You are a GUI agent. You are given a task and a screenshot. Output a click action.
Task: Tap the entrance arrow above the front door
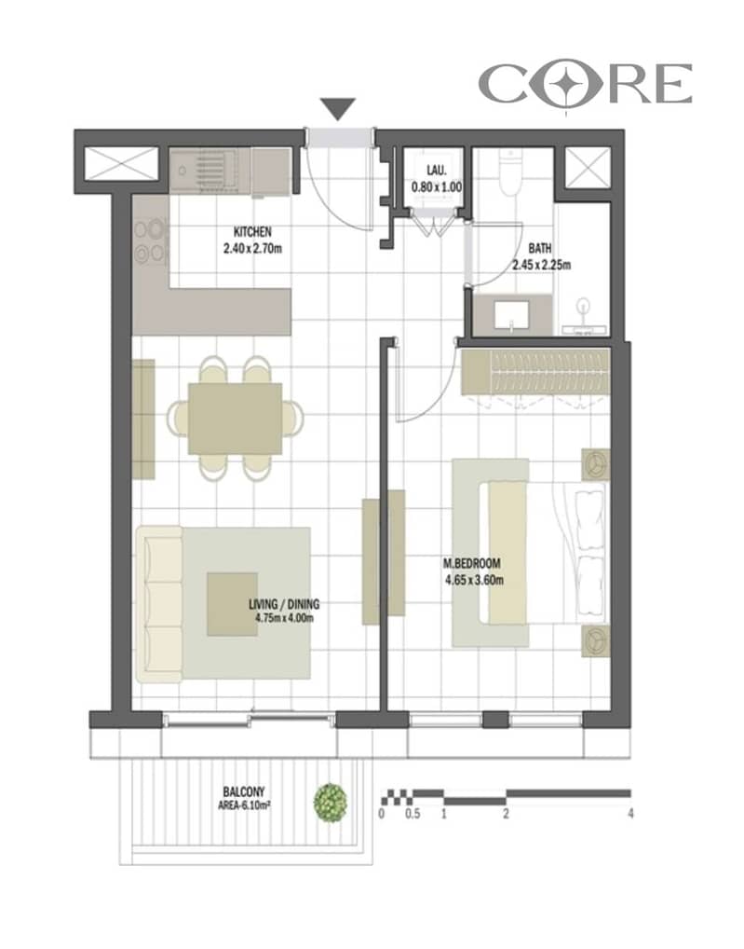(x=337, y=109)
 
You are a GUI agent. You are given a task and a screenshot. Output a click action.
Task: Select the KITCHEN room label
(x=252, y=232)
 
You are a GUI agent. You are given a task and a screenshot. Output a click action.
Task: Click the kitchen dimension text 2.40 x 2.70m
(x=252, y=248)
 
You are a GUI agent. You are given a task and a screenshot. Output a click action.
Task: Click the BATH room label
(x=540, y=248)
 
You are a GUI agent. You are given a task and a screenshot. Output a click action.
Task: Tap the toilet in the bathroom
(x=510, y=172)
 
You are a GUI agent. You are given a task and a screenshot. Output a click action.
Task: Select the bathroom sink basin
(x=512, y=315)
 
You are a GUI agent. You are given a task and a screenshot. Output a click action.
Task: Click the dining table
(x=235, y=419)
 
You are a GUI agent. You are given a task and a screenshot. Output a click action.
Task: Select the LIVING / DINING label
(x=284, y=604)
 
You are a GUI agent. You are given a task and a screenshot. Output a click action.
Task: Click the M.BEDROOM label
(x=472, y=563)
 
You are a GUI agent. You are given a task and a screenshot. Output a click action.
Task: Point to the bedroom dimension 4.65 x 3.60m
(x=475, y=580)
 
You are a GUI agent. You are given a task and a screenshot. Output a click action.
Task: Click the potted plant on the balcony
(x=331, y=803)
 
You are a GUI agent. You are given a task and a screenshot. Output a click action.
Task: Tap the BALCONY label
(x=244, y=791)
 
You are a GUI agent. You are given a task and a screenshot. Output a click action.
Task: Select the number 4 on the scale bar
(x=630, y=814)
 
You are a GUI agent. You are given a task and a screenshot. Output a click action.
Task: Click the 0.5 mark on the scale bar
(x=413, y=814)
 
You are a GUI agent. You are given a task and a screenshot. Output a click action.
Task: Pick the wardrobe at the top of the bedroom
(x=535, y=372)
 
